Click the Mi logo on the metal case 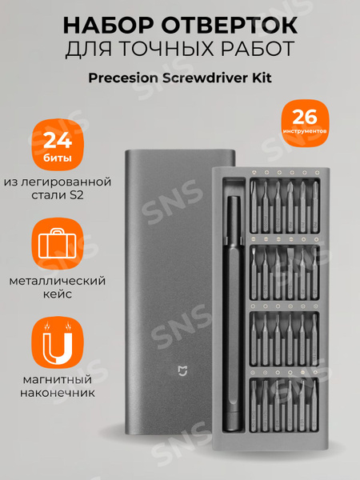(x=182, y=370)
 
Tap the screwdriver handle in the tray (x=234, y=320)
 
